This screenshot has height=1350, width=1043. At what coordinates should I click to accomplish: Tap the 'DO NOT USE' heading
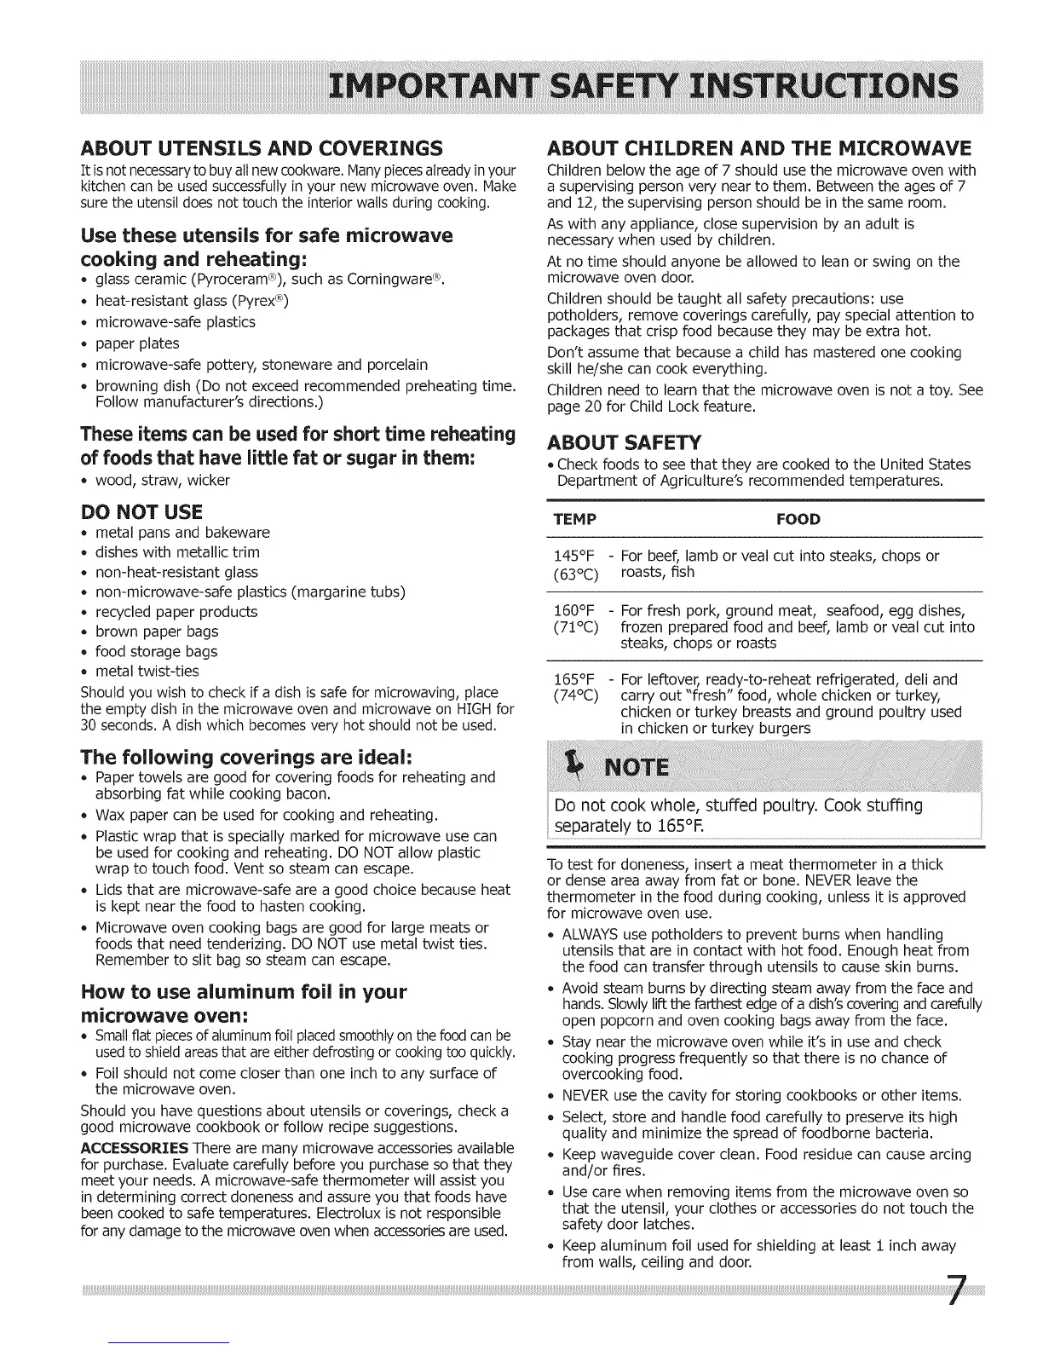pyautogui.click(x=141, y=511)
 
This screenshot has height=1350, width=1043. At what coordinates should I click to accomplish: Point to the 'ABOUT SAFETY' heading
pyautogui.click(x=623, y=441)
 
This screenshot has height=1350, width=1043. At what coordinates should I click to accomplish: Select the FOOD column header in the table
pyautogui.click(x=798, y=520)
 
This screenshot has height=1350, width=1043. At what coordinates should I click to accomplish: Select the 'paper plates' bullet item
pyautogui.click(x=137, y=343)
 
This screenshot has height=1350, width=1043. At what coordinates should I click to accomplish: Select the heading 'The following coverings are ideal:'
pyautogui.click(x=248, y=757)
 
